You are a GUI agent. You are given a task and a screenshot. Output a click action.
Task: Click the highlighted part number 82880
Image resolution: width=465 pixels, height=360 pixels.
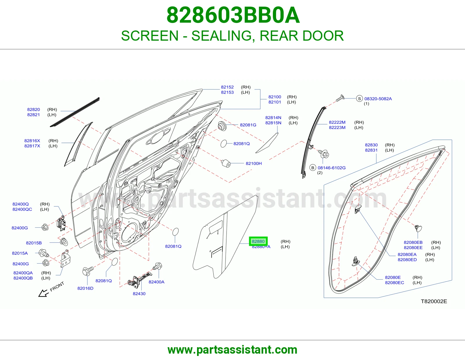coord(258,241)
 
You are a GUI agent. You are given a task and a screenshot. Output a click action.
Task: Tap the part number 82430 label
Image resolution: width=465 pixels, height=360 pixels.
coord(139,294)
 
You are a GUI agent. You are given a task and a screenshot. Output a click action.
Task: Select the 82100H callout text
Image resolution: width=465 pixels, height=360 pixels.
coord(254,163)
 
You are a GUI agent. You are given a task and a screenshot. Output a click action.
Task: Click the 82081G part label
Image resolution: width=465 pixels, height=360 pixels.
coord(248,125)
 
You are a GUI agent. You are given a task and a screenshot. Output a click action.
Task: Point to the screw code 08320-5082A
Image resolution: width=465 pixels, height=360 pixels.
coord(378,99)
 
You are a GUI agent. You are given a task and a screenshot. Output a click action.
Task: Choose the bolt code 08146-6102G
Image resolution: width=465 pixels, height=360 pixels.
coord(332,168)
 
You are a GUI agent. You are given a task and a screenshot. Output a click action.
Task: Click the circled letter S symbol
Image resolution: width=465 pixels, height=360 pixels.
coord(360,98)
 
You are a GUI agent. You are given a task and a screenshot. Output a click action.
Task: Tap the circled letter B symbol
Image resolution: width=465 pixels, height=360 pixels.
coord(313,168)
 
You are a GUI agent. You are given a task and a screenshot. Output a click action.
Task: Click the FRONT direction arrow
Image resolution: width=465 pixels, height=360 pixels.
coord(43,293)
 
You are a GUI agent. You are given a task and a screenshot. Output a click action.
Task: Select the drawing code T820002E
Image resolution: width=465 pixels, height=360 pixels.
coord(434,301)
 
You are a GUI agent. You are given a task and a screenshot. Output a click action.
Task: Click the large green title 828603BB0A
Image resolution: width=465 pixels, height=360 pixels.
coord(233,15)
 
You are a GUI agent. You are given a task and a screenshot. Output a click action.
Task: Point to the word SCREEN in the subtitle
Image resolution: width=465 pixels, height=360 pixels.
coord(150,36)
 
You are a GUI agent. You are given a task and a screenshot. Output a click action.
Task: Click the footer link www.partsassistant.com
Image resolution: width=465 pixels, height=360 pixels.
coord(233,350)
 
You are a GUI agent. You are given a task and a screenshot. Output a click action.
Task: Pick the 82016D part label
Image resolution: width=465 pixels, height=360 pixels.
coord(85,288)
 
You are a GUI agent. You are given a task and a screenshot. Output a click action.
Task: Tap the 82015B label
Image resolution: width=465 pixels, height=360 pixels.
coord(34,243)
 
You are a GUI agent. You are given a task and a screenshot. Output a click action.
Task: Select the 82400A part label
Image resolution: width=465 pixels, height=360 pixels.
coord(156,282)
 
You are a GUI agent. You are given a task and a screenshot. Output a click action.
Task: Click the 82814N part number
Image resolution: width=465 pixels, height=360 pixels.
coord(273,118)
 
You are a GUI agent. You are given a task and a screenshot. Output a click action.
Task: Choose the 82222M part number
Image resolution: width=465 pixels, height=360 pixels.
coord(337,122)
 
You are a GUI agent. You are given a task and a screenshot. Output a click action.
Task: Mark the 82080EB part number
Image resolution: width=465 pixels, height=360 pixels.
coord(413,242)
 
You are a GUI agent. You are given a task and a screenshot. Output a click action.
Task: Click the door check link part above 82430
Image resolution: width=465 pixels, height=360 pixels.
coord(139,280)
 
